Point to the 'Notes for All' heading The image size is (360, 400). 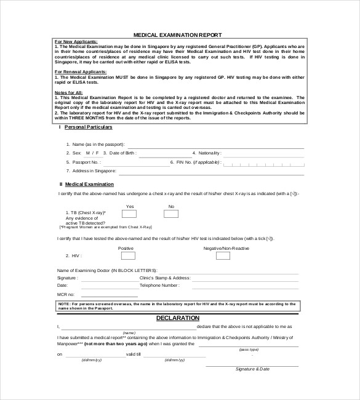click(67, 92)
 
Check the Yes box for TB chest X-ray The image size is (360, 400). click(129, 214)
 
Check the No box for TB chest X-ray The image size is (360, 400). click(171, 214)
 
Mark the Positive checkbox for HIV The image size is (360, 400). click(128, 255)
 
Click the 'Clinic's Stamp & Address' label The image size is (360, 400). click(165, 278)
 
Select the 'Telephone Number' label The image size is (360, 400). click(159, 286)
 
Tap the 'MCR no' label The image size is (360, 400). click(66, 295)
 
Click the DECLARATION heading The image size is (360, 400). click(177, 318)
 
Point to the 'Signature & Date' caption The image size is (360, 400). click(253, 369)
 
